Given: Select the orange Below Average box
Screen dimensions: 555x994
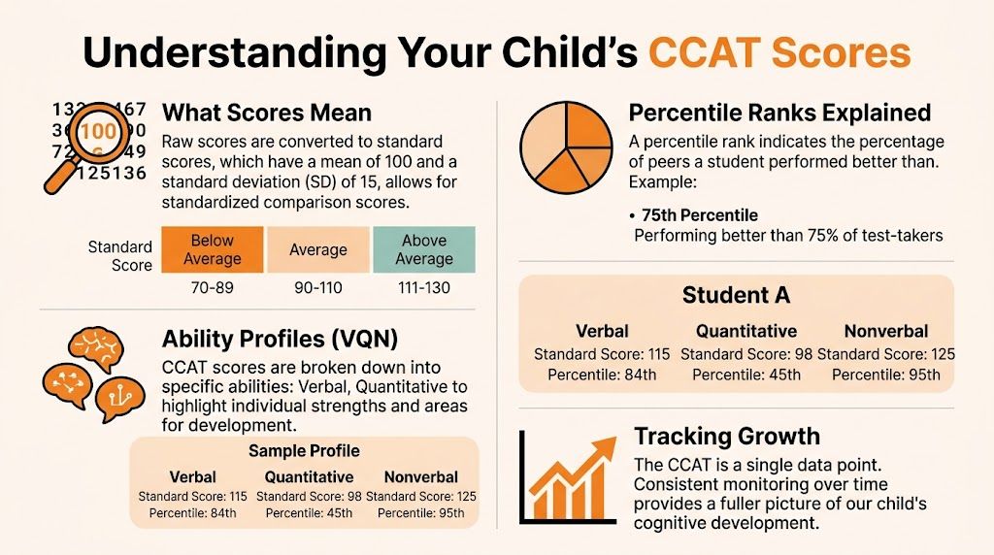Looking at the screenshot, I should pos(212,249).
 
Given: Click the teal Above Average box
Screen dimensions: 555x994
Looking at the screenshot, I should pos(424,249).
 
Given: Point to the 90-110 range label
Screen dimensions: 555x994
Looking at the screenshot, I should pos(317,288).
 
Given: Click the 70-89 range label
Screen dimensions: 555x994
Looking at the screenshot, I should pos(212,288).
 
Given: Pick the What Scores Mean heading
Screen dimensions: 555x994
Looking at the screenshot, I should pos(267,113).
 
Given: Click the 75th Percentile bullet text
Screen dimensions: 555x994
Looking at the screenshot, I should pos(699,215).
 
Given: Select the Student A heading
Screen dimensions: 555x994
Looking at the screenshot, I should pos(736,294).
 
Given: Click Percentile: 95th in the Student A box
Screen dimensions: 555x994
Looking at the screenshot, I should pos(885,374).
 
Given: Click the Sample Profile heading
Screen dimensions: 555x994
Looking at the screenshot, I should pos(304,451).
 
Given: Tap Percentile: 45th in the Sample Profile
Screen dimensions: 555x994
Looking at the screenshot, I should pos(309,512).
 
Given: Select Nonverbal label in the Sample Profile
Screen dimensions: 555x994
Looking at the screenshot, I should pos(421,476).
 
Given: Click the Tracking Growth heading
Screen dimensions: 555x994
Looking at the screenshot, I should pos(726,437).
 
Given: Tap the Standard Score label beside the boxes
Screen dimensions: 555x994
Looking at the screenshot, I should pos(120,256).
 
